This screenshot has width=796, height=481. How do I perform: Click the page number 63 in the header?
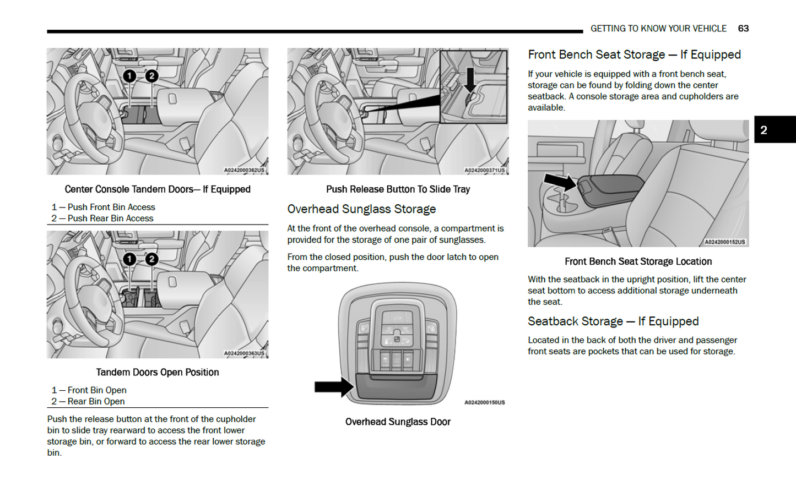(x=743, y=29)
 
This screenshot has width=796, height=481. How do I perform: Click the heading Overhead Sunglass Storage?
(x=361, y=209)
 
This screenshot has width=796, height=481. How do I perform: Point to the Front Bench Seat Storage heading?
(x=634, y=55)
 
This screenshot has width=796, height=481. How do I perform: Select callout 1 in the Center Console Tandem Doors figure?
(x=129, y=76)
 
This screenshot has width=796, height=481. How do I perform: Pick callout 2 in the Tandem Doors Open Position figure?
(x=151, y=259)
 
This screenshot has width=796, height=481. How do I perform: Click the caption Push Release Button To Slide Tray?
(x=398, y=189)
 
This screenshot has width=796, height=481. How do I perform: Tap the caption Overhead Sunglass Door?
(x=398, y=422)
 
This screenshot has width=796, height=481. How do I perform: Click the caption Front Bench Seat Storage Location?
(x=638, y=262)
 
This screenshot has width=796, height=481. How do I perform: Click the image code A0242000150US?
(x=484, y=403)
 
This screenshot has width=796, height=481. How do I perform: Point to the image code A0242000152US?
(x=724, y=242)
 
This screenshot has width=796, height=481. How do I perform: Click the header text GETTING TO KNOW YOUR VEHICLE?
(x=658, y=29)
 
